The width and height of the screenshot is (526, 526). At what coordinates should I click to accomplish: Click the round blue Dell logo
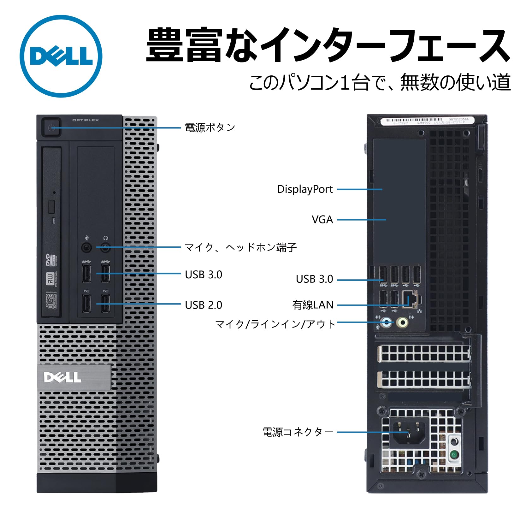61,56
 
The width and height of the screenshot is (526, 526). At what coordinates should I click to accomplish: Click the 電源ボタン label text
210,127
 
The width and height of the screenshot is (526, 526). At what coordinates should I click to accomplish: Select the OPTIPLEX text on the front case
86,120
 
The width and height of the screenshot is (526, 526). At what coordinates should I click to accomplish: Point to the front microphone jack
87,248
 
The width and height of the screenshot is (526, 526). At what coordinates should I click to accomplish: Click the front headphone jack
106,248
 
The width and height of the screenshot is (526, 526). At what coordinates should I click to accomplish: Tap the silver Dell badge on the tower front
74,377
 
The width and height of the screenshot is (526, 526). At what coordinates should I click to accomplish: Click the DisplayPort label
305,189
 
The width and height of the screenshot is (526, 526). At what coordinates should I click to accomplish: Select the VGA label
322,220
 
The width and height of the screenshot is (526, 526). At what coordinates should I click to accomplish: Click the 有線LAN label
313,305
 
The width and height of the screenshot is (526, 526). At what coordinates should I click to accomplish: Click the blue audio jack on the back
387,322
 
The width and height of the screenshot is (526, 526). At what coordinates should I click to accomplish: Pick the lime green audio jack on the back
402,322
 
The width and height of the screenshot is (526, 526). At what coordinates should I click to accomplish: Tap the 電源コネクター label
298,432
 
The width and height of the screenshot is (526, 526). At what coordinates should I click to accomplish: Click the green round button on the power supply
454,455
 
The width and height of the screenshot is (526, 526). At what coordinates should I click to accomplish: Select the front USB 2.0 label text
204,305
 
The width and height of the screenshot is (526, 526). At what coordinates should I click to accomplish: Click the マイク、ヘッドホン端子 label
240,247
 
